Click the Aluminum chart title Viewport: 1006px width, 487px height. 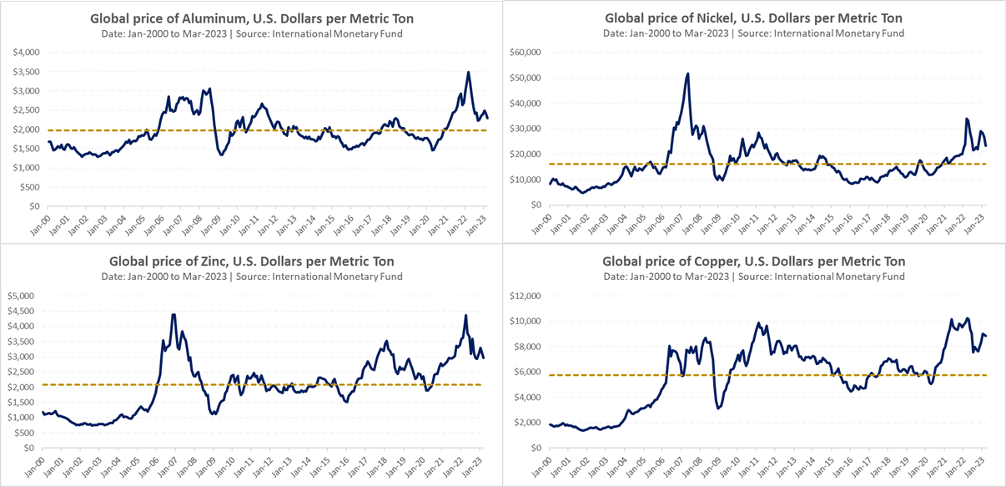pos(251,19)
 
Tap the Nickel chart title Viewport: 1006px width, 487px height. pos(753,18)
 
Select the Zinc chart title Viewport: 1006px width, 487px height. pos(251,261)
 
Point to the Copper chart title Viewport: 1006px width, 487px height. pos(753,261)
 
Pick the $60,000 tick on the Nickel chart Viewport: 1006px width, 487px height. pos(525,53)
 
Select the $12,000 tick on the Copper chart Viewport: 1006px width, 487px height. pos(525,296)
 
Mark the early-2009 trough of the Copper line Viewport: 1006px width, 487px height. pos(718,408)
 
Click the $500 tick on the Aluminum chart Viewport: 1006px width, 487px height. pos(31,187)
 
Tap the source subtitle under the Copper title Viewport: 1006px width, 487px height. pos(753,276)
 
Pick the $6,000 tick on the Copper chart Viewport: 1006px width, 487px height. pos(527,372)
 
